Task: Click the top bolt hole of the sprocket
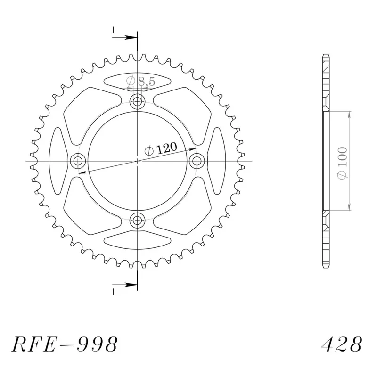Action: (x=137, y=102)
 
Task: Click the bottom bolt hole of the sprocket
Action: (x=137, y=220)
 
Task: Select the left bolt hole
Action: (x=78, y=161)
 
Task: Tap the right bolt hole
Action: (x=197, y=161)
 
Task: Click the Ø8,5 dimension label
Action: (x=141, y=81)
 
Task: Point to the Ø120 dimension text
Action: (x=161, y=149)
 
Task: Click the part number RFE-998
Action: (x=65, y=344)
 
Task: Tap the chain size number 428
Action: (x=342, y=344)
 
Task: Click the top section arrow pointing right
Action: (x=124, y=38)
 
